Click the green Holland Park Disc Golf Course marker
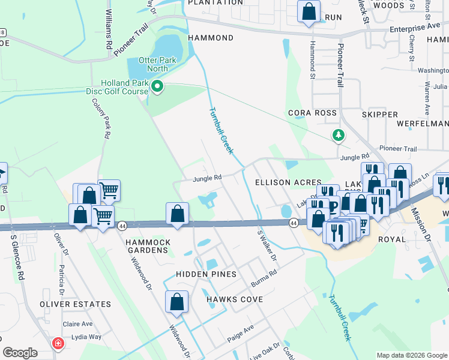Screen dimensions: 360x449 click(x=158, y=88)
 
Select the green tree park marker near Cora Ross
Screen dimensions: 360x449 click(x=339, y=136)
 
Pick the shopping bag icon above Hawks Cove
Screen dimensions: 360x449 click(x=177, y=303)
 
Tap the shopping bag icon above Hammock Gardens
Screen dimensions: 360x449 click(x=178, y=214)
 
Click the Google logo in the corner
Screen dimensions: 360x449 click(x=20, y=353)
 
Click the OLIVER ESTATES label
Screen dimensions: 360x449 click(x=76, y=304)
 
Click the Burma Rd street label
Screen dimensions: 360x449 click(x=264, y=276)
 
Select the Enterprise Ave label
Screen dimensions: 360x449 click(x=415, y=28)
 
